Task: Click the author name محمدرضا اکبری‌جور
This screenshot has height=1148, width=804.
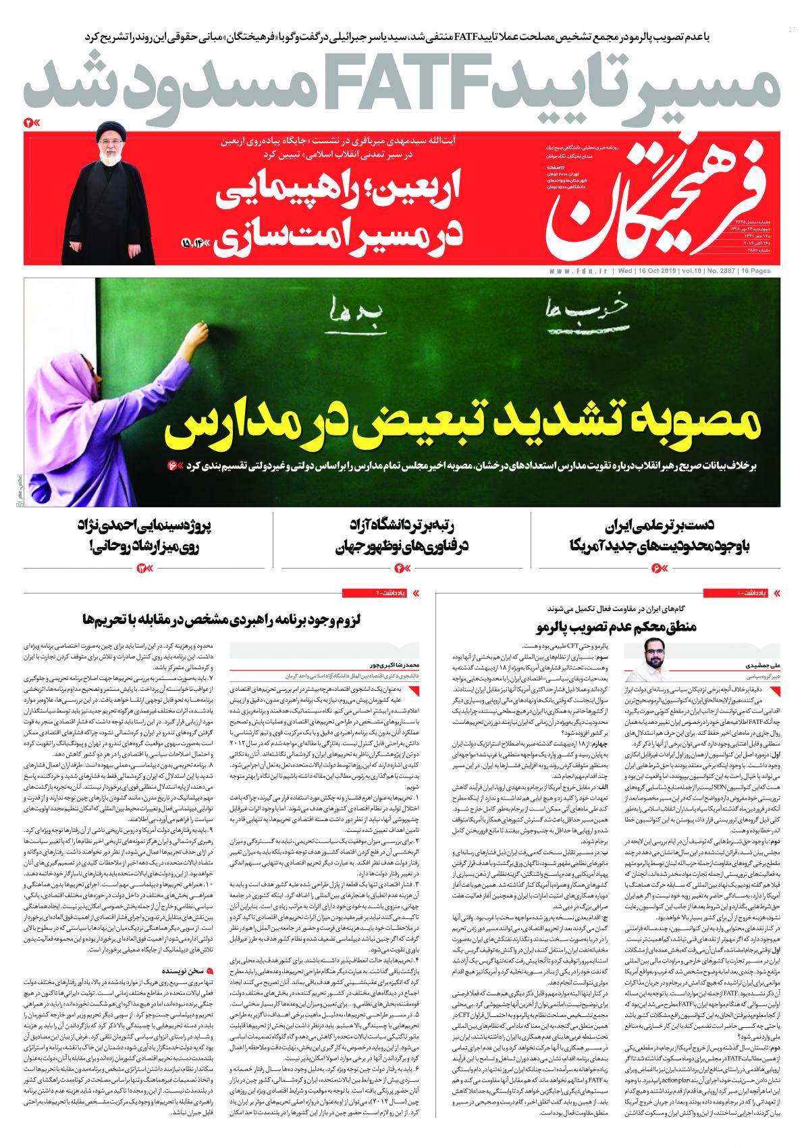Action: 357,665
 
